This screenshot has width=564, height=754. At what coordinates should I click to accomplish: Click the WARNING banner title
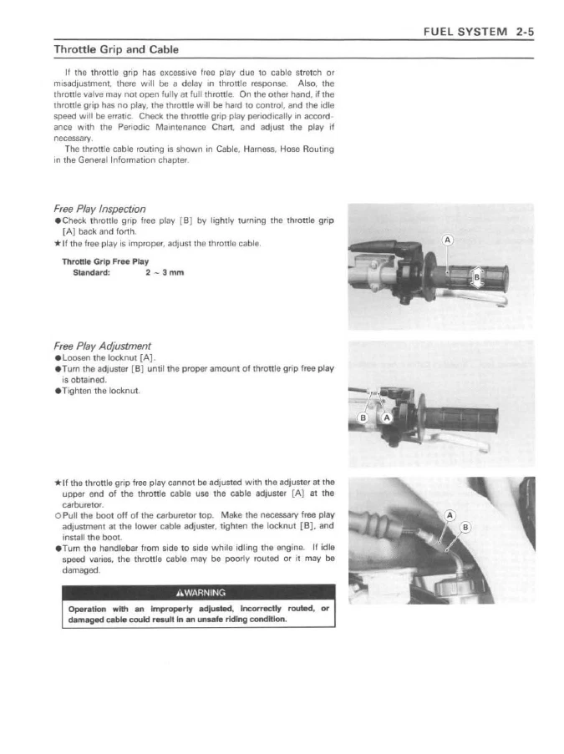[198, 595]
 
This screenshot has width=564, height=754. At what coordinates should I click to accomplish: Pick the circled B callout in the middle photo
[364, 417]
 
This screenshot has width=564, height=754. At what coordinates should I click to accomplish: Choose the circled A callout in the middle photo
[387, 417]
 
